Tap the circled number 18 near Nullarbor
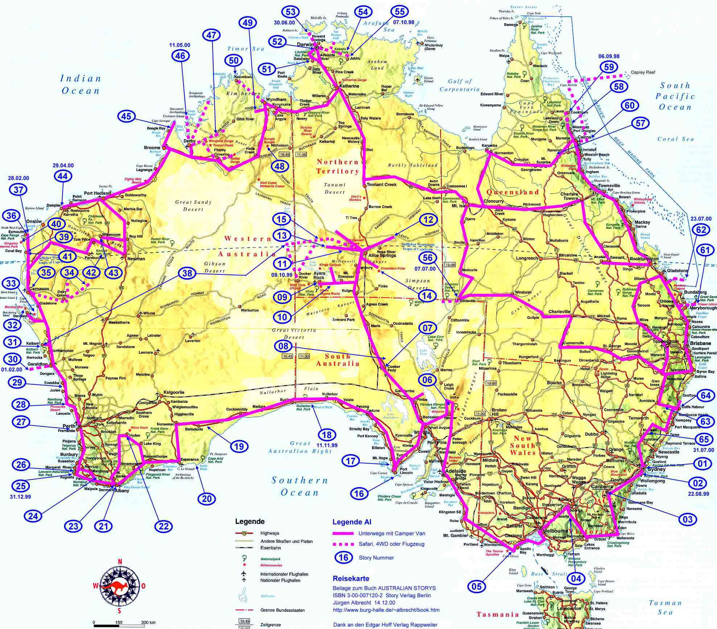tap(326, 435)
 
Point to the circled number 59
tap(609, 67)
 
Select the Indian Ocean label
tap(80, 84)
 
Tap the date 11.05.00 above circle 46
tap(180, 45)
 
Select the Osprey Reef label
tap(643, 72)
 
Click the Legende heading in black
tap(250, 522)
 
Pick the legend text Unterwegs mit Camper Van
tap(392, 533)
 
